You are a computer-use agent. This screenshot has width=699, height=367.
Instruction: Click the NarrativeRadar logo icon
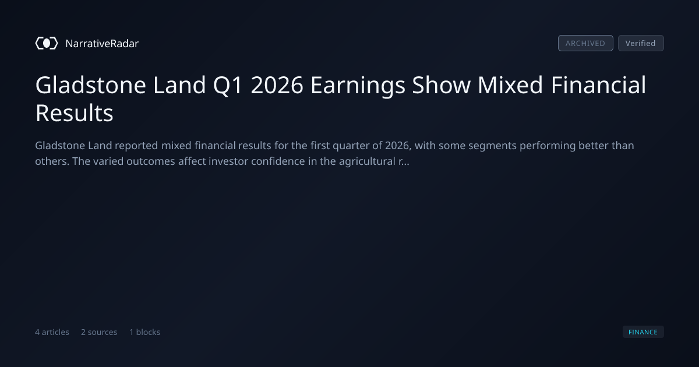(47, 43)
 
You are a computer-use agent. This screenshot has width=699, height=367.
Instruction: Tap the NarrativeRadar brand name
(102, 44)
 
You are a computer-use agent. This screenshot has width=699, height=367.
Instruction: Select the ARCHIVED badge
(585, 43)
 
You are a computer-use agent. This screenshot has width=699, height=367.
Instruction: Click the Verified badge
(641, 43)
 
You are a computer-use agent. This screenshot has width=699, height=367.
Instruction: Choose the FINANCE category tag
(643, 331)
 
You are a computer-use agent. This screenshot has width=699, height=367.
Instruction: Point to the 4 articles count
(52, 332)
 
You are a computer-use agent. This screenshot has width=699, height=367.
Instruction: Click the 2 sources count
(99, 332)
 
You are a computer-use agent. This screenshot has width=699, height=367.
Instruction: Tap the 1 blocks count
(145, 332)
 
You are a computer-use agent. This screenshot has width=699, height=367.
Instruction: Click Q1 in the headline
(228, 86)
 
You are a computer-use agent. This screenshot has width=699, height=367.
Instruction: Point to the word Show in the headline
(442, 85)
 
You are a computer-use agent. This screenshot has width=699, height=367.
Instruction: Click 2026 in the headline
(277, 85)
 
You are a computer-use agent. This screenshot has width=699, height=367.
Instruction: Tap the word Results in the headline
(75, 113)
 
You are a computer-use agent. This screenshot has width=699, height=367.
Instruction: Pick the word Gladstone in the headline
(90, 85)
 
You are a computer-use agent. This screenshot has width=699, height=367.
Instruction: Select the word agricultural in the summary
(367, 162)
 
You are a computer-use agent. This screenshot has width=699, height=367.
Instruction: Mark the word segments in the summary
(492, 146)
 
